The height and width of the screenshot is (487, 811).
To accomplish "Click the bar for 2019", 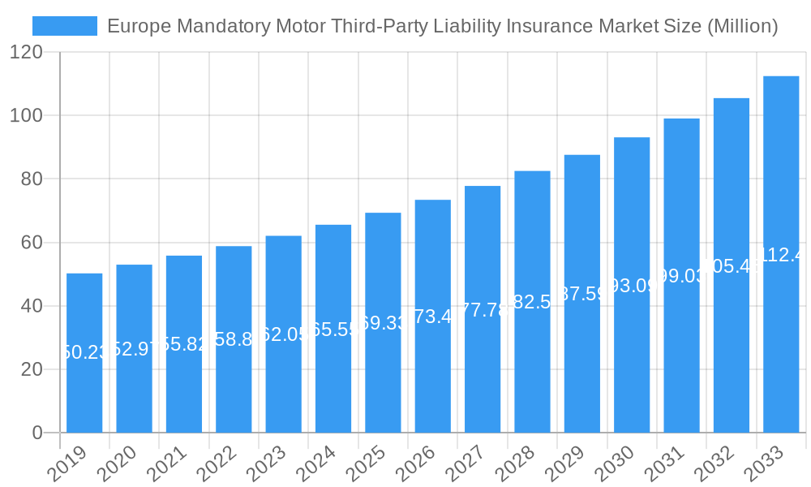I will point(84,353).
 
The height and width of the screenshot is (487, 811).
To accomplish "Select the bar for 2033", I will point(781,254).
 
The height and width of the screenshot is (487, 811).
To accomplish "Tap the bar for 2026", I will point(432,316).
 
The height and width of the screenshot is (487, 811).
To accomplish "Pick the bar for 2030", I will point(632,285).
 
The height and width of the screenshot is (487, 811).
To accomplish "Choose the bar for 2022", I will point(234,339).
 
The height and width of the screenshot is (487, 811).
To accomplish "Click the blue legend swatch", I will point(65,26).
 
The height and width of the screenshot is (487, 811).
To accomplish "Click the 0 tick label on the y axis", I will point(37,433).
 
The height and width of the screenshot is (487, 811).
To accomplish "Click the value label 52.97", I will point(134,349).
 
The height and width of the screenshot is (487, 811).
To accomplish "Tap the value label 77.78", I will point(483,310).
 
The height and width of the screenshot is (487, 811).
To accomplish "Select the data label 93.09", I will point(632,286).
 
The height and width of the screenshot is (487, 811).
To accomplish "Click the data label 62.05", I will point(283,334).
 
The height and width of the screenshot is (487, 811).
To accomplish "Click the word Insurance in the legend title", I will point(551,26).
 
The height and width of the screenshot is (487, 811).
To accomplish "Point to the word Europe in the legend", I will point(135,26).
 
